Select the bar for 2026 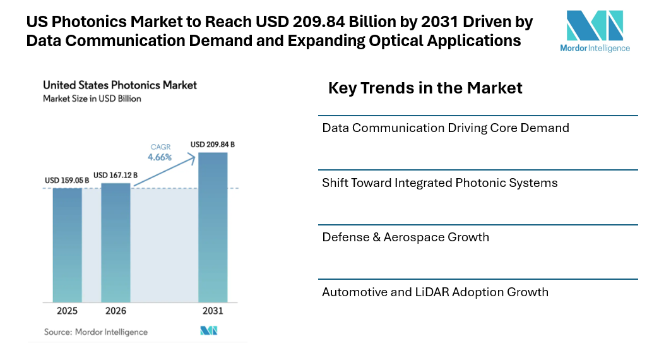(116, 243)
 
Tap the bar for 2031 (213, 227)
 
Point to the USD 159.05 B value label (67, 181)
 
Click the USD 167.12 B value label (116, 175)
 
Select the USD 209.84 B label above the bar (213, 145)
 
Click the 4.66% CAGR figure (160, 157)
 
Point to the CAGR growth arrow (167, 172)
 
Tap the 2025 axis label (67, 311)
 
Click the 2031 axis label (213, 311)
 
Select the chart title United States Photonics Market (120, 85)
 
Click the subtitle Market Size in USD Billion (92, 99)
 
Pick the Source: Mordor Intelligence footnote (95, 332)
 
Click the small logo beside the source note (208, 331)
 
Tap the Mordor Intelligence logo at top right (595, 31)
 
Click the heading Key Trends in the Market (425, 88)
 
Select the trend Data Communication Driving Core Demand (446, 128)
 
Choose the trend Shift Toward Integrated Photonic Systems (440, 183)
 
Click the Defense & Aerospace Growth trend (406, 237)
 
